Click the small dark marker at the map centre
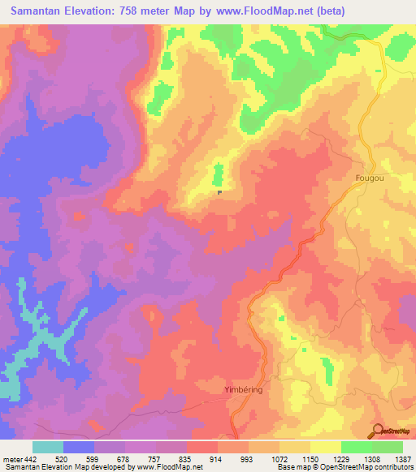pyautogui.click(x=219, y=192)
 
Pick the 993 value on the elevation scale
pyautogui.click(x=249, y=459)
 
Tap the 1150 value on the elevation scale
pyautogui.click(x=310, y=459)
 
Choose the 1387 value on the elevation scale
pyautogui.click(x=403, y=459)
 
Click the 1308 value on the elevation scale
pyautogui.click(x=372, y=459)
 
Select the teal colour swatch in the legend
pyautogui.click(x=48, y=447)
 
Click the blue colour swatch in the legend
pyautogui.click(x=79, y=447)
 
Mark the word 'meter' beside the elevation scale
pyautogui.click(x=11, y=459)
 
